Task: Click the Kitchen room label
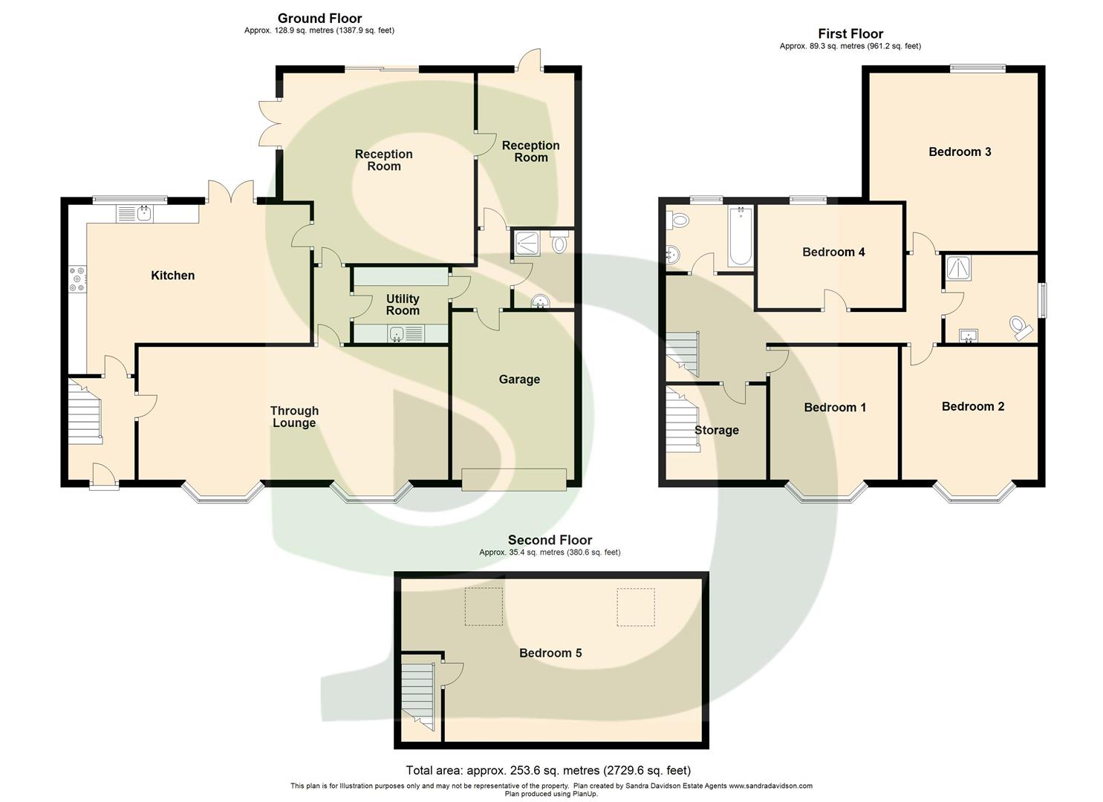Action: [172, 276]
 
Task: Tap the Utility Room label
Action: [403, 304]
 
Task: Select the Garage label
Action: [519, 379]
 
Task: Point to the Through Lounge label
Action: [294, 417]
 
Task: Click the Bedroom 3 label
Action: [960, 151]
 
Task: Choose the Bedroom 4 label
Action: [833, 252]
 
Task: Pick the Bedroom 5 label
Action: [550, 653]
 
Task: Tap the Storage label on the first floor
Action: [716, 430]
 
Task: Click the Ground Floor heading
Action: [319, 18]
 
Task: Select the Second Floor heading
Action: [550, 540]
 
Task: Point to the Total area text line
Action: [548, 770]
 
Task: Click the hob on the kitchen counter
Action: [77, 278]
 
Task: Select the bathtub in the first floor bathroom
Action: [741, 237]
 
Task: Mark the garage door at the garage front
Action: [514, 480]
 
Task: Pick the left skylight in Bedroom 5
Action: [483, 607]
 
